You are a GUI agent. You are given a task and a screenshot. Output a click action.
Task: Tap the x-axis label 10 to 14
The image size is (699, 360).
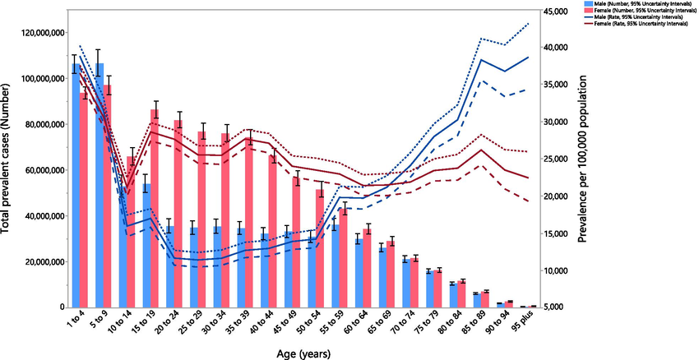(121, 326)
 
